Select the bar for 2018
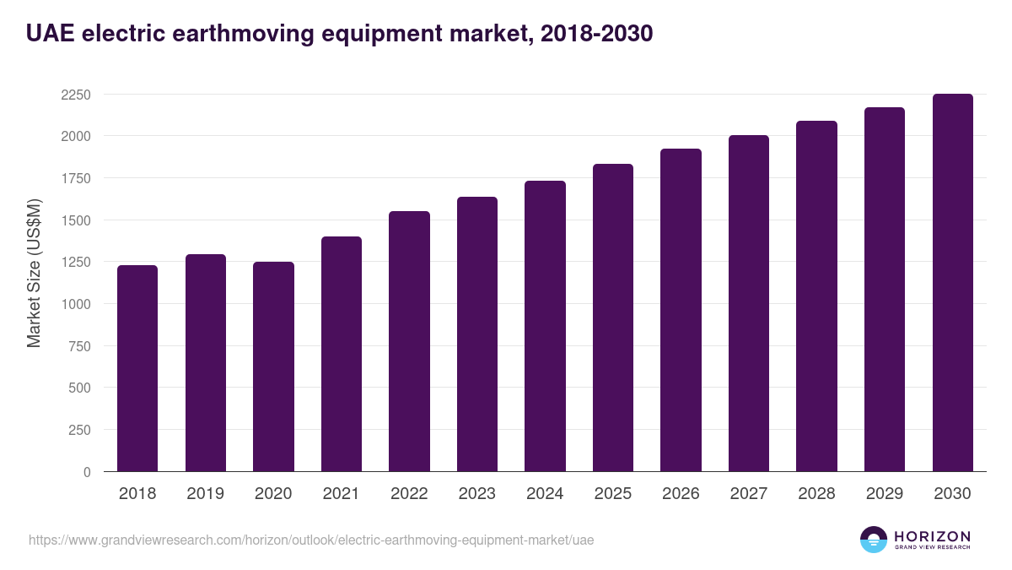pyautogui.click(x=137, y=368)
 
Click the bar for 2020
pyautogui.click(x=273, y=366)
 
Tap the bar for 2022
pyautogui.click(x=409, y=341)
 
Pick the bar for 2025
pyautogui.click(x=613, y=318)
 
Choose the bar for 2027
pyautogui.click(x=749, y=303)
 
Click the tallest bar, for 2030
pyautogui.click(x=952, y=283)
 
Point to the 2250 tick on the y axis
pyautogui.click(x=76, y=95)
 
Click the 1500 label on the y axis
pyautogui.click(x=76, y=220)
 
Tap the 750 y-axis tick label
pyautogui.click(x=79, y=346)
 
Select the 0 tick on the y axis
pyautogui.click(x=87, y=472)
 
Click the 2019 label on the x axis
pyautogui.click(x=206, y=494)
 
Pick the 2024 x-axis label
pyautogui.click(x=545, y=494)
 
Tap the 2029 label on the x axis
pyautogui.click(x=885, y=494)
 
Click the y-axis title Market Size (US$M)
pyautogui.click(x=34, y=272)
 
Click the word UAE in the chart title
pyautogui.click(x=47, y=33)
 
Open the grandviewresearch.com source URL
pyautogui.click(x=311, y=540)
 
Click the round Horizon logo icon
pyautogui.click(x=873, y=540)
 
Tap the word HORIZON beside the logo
pyautogui.click(x=932, y=535)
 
